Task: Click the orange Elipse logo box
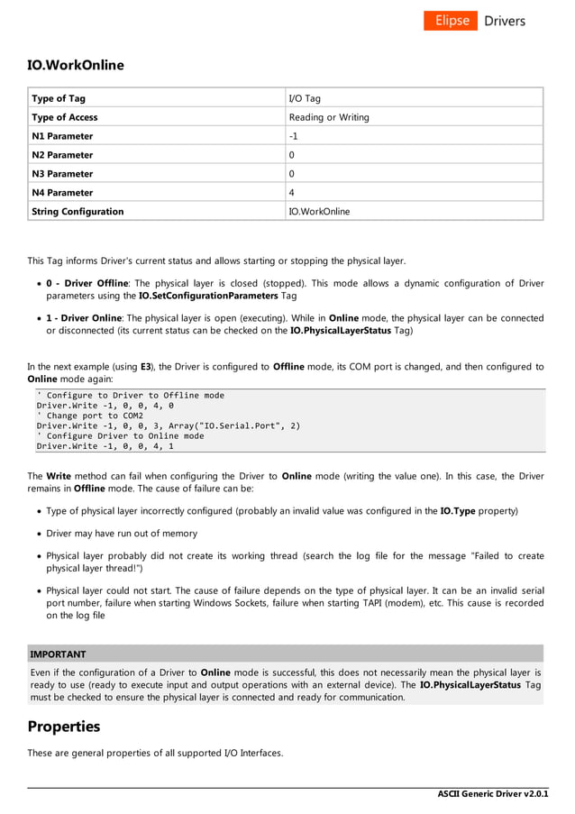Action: coord(451,21)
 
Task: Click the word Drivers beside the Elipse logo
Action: coord(505,21)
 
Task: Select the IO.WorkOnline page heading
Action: coord(76,65)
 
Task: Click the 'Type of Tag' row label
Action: coord(59,98)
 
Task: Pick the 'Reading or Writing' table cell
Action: coord(329,117)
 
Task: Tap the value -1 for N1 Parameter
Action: coord(294,136)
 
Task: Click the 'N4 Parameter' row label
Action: coord(62,193)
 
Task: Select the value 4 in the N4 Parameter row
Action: coord(292,193)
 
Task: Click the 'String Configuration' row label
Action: coord(78,212)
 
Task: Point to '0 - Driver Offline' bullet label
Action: coord(87,283)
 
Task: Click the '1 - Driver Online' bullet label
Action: coord(85,318)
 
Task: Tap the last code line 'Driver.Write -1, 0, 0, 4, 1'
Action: coord(105,445)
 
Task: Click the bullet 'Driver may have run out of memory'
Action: coord(122,534)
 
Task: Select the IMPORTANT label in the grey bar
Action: coord(58,654)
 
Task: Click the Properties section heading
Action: coord(64,727)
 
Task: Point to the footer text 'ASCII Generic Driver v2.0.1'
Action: coord(493,794)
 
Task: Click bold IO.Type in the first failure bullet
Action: coord(457,511)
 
